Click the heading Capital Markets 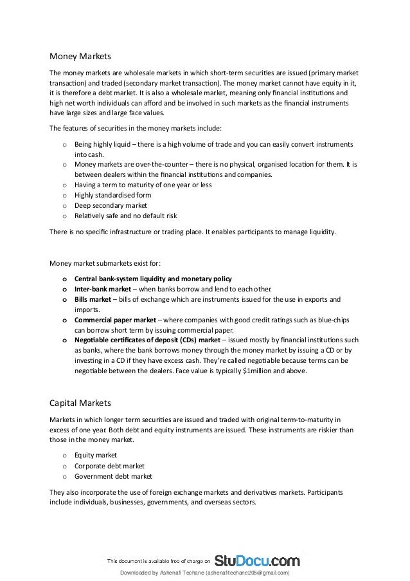[80, 403]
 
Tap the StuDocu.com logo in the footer [257, 560]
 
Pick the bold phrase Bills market [93, 299]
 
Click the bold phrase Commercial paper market [114, 319]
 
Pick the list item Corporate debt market [109, 465]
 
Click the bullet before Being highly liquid [64, 145]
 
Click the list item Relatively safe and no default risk [125, 216]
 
